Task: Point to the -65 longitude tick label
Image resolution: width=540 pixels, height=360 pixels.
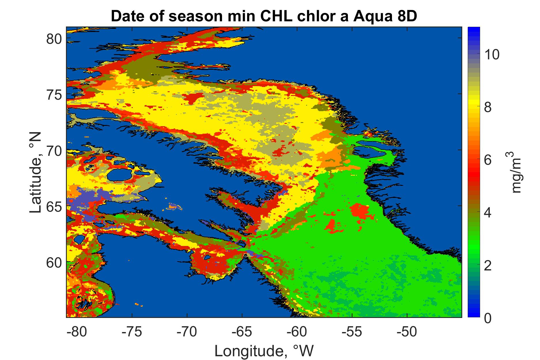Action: (x=242, y=332)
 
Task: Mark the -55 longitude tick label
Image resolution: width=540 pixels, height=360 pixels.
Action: (x=352, y=332)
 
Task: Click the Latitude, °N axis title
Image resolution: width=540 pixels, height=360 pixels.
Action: (x=36, y=173)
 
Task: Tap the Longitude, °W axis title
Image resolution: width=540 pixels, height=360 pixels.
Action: (x=264, y=350)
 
